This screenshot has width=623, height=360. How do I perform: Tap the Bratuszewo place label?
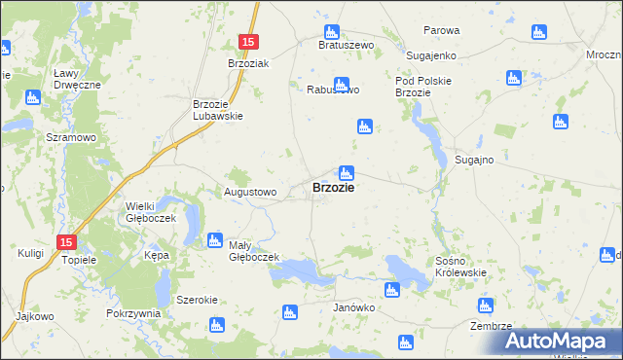(348, 45)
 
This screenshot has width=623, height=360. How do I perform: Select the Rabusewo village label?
(333, 90)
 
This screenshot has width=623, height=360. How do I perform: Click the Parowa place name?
(440, 30)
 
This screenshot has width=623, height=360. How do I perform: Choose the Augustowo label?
(251, 193)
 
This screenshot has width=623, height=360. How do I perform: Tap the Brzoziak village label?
(247, 62)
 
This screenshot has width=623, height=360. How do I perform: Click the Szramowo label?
(71, 138)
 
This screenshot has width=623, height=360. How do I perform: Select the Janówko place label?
(354, 307)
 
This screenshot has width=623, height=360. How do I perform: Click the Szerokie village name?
(197, 300)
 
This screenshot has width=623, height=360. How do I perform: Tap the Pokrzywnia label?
(133, 314)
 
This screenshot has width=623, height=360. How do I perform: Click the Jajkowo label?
(34, 316)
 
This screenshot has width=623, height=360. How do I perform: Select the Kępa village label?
(157, 255)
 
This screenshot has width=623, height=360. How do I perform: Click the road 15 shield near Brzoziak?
(248, 42)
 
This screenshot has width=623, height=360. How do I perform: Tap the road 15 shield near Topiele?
(65, 241)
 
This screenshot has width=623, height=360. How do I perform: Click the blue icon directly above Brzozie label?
(346, 172)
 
